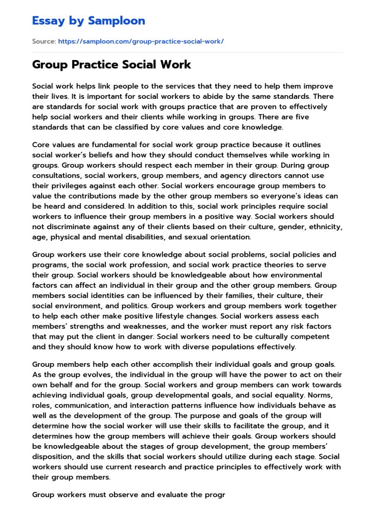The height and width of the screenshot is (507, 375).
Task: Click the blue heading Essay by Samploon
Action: pos(89,21)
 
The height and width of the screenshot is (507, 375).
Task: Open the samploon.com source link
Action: pos(141,41)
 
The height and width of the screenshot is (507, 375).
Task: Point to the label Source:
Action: pos(44,41)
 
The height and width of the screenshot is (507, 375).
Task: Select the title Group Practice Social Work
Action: pos(112,64)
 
